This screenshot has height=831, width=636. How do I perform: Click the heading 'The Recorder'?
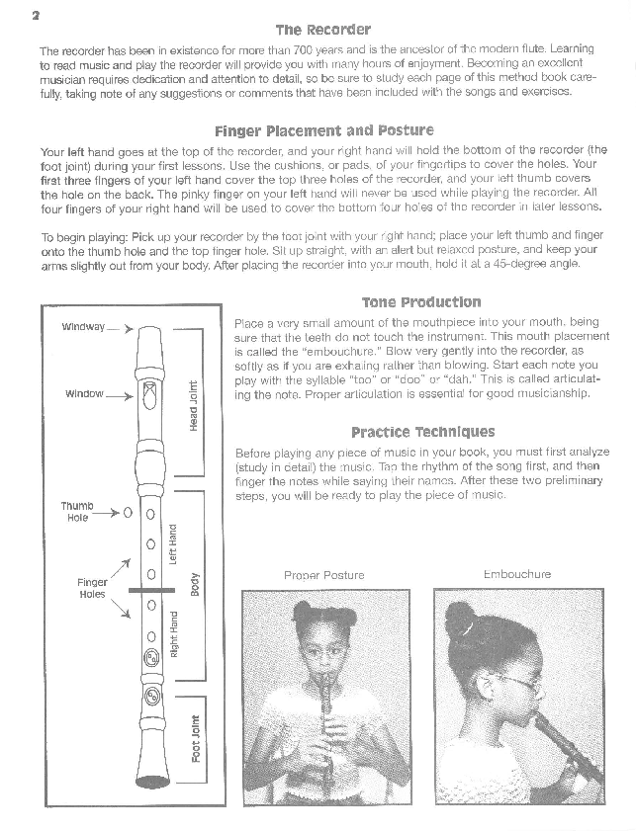tap(322, 30)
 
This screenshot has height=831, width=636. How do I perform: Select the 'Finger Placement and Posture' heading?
tap(323, 130)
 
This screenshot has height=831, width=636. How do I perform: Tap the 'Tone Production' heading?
tap(420, 302)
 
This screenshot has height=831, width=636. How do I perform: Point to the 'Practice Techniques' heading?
tap(422, 432)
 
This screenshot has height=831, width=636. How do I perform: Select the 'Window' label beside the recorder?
tap(84, 394)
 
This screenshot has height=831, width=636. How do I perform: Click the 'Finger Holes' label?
tap(91, 589)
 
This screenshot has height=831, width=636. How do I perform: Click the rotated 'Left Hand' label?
tap(173, 543)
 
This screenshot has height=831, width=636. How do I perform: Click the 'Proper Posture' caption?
tap(323, 575)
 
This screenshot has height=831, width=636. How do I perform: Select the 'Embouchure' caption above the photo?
tap(516, 574)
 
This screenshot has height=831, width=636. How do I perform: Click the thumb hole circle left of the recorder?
tap(128, 513)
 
